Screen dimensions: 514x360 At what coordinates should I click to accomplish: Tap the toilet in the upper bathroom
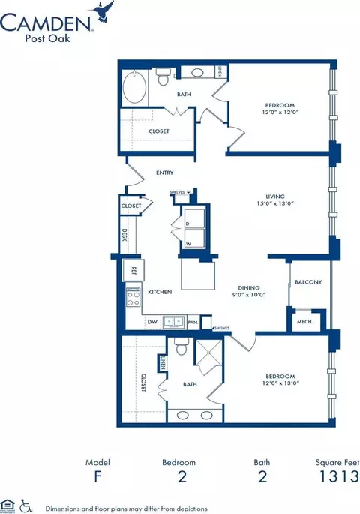[164, 78]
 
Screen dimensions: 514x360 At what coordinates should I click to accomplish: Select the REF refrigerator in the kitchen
[133, 271]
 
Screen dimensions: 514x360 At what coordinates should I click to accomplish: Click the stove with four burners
[133, 298]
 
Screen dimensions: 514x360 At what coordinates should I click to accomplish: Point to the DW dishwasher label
[151, 322]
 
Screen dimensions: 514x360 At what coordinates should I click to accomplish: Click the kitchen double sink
[174, 321]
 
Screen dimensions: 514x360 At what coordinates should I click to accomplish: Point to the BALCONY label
[307, 282]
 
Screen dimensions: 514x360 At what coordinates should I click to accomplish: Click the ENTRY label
[164, 173]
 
